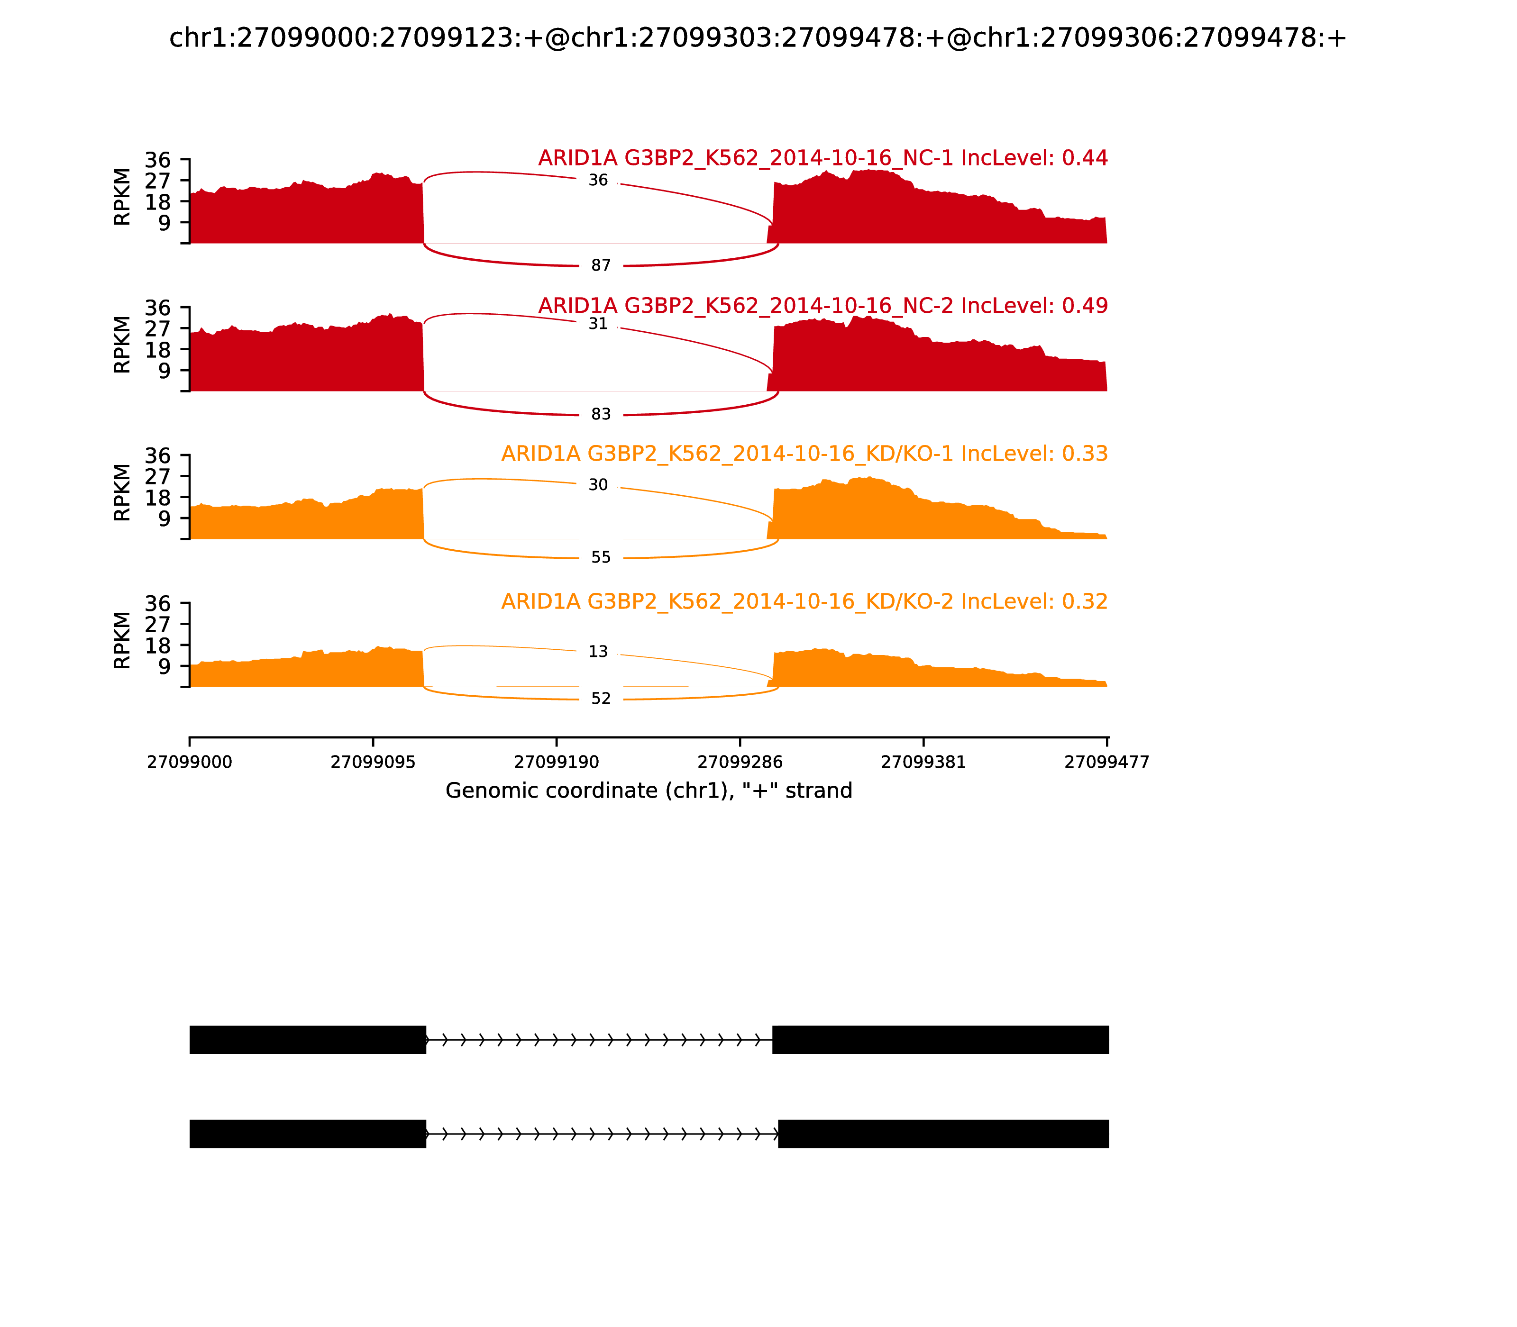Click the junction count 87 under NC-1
(601, 266)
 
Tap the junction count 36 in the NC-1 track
(598, 181)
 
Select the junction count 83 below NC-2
(601, 415)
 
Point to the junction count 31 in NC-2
(598, 324)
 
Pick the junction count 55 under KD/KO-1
(601, 558)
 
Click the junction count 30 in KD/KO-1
(598, 485)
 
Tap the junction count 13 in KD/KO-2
(598, 652)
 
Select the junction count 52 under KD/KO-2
(601, 699)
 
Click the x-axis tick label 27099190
(556, 763)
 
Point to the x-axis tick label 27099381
(923, 763)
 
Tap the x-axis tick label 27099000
(190, 763)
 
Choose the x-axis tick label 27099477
(1106, 763)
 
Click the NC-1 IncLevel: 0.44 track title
(822, 158)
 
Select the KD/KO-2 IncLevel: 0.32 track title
(804, 602)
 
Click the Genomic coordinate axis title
(649, 791)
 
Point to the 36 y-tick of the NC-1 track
(158, 161)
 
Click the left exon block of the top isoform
(307, 1040)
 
